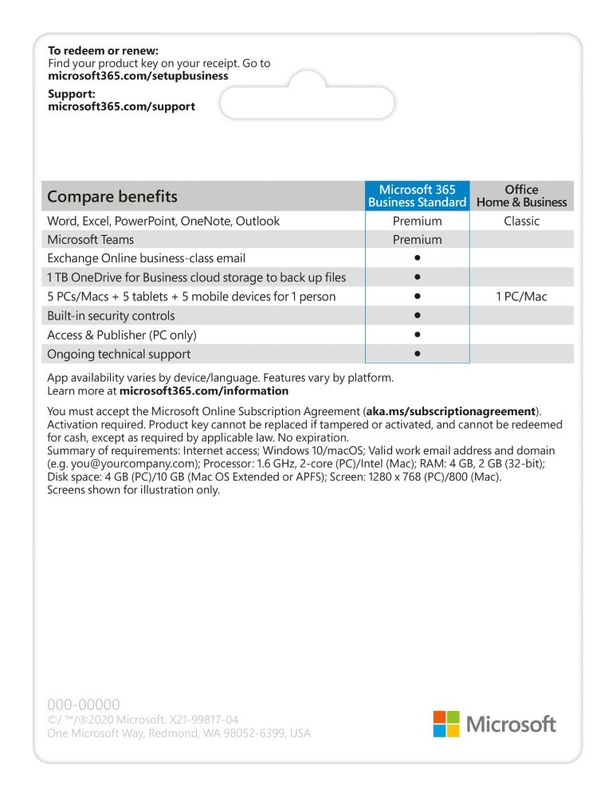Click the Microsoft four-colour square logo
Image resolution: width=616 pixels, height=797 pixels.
click(446, 724)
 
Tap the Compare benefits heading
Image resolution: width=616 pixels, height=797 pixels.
click(112, 196)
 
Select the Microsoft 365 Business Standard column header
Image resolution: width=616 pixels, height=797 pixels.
click(417, 196)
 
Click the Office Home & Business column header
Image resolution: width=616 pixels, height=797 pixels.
click(521, 196)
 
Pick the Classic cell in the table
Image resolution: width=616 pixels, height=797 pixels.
click(521, 221)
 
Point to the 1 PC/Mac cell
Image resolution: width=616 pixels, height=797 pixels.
click(521, 296)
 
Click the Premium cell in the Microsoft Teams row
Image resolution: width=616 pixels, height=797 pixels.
click(417, 240)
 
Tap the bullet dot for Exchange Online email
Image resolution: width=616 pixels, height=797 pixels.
click(417, 258)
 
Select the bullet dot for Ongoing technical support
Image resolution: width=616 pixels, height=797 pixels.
click(417, 354)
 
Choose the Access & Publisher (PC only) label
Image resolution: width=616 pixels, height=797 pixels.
click(121, 335)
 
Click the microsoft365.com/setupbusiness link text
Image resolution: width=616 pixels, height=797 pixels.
click(138, 76)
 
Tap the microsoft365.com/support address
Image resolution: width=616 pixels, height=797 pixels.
click(121, 106)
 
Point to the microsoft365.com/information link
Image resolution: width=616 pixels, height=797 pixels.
click(203, 391)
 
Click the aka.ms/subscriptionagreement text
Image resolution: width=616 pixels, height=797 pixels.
click(450, 411)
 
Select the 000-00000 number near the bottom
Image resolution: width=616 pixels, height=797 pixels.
click(84, 705)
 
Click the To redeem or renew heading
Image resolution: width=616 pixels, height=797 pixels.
click(103, 51)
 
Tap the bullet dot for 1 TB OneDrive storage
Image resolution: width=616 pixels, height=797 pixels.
click(417, 277)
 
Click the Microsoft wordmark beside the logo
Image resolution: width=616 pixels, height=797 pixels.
click(511, 724)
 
